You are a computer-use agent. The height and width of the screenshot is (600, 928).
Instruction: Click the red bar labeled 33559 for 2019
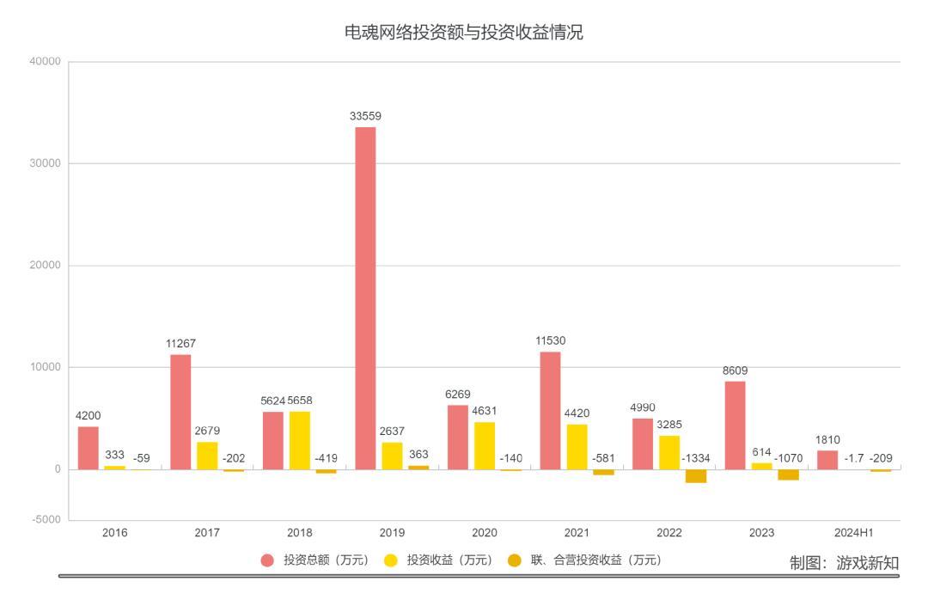click(365, 297)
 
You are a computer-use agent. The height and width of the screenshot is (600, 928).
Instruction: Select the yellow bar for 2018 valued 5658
click(300, 440)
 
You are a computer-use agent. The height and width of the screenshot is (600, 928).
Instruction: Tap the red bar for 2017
click(180, 412)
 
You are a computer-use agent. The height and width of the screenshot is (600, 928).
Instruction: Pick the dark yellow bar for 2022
click(695, 476)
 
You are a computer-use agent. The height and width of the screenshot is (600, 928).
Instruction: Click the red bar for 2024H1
click(827, 460)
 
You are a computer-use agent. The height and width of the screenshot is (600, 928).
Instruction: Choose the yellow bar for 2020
click(485, 445)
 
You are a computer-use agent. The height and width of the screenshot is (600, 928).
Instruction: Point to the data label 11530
click(550, 341)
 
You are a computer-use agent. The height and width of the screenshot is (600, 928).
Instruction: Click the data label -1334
click(696, 458)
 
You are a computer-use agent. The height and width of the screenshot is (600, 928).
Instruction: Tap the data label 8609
click(735, 370)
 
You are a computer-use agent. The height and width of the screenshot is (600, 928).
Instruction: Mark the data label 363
click(418, 455)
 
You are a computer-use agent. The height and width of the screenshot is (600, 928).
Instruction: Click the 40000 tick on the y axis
click(46, 62)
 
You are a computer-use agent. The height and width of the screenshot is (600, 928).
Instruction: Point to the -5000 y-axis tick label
click(46, 520)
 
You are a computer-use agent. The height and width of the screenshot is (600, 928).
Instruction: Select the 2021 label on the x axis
click(577, 533)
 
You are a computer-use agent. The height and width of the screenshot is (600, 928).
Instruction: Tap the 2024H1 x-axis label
click(853, 533)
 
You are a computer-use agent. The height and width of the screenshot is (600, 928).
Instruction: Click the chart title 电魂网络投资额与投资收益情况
click(464, 34)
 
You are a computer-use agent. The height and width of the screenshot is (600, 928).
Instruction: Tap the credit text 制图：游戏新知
click(844, 563)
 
